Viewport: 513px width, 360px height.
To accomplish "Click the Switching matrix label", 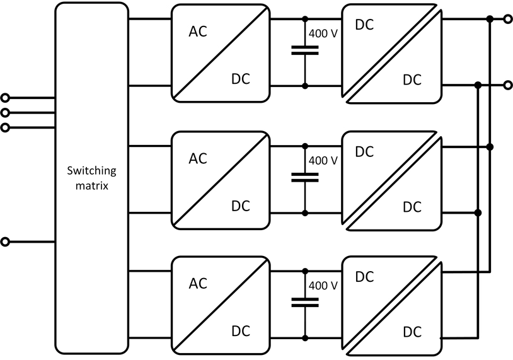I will tap(91, 178).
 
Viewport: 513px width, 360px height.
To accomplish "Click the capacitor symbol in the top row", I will tap(305, 51).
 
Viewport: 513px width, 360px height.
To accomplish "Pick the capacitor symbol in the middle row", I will tap(305, 177).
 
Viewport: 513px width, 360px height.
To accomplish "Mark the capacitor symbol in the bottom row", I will tap(305, 303).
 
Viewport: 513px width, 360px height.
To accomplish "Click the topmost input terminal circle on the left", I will tap(6, 98).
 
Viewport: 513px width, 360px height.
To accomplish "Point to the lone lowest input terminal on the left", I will tap(6, 241).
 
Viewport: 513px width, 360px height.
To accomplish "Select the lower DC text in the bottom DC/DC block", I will tap(412, 331).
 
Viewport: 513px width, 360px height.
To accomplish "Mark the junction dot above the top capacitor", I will tap(305, 19).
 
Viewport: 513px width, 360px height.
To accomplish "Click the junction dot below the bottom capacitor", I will tap(305, 336).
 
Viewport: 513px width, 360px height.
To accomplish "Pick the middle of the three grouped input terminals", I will tap(6, 113).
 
